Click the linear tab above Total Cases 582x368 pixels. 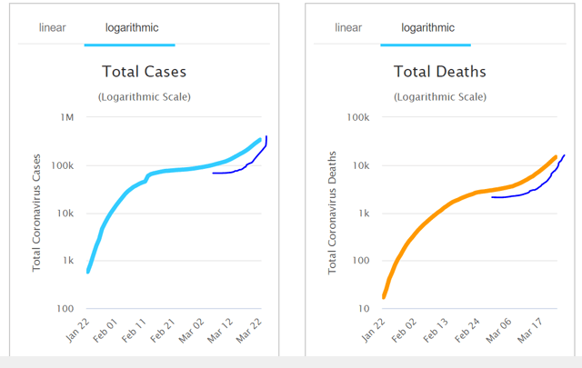(x=52, y=27)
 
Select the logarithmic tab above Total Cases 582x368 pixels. (x=129, y=27)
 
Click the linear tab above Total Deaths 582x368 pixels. (x=348, y=27)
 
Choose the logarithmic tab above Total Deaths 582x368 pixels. (x=425, y=27)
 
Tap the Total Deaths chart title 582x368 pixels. (x=439, y=71)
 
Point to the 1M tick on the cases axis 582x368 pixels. (x=67, y=118)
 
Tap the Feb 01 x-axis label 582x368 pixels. (x=106, y=329)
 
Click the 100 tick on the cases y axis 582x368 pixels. (x=65, y=309)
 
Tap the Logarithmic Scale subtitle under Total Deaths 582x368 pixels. (x=439, y=96)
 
